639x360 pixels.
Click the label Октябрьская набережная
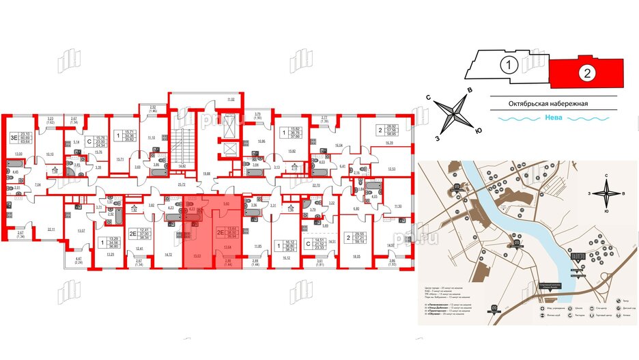click(x=548, y=104)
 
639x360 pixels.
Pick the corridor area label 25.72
click(x=182, y=185)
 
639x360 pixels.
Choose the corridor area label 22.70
click(x=315, y=185)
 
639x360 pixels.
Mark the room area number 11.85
click(x=257, y=245)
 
